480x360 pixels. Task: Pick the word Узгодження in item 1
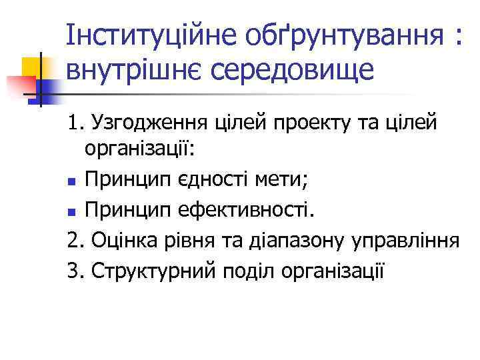(147, 123)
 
